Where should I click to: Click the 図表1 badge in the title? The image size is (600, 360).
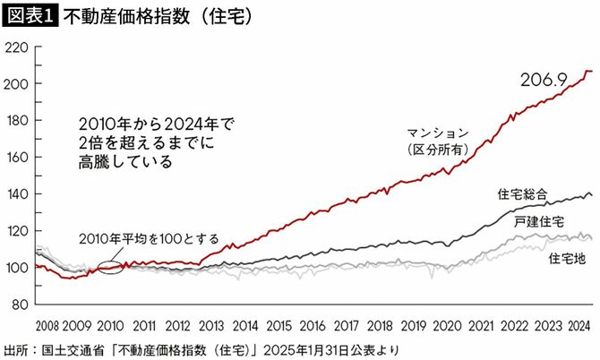pyautogui.click(x=30, y=15)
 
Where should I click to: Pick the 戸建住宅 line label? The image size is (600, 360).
pyautogui.click(x=538, y=220)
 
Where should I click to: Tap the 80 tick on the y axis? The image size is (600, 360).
pyautogui.click(x=19, y=304)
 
